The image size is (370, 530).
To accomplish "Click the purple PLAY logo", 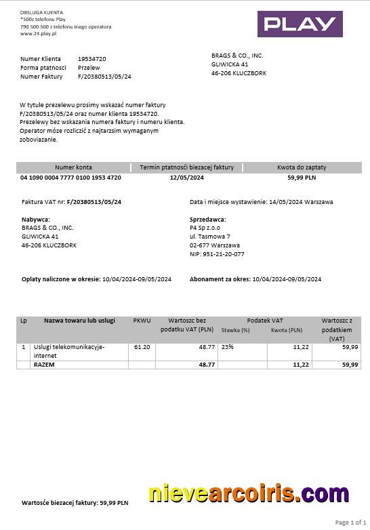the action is point(300,24).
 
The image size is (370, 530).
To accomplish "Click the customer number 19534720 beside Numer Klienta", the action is point(91,59).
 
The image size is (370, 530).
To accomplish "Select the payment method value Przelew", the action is point(89,68).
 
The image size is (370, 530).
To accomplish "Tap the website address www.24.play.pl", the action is point(38,33).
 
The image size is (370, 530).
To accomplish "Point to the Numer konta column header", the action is point(73,167).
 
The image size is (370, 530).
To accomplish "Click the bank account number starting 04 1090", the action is point(71,178).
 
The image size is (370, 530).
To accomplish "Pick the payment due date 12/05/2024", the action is point(186,178).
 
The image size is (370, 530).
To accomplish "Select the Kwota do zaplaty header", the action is point(302,167).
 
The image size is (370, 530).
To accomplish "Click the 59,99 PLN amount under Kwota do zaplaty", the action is point(302,178).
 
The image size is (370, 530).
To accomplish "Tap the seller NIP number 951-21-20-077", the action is point(217,254).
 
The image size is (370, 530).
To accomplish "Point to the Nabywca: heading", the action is point(36,219).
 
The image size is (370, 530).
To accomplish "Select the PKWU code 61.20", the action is point(142,346).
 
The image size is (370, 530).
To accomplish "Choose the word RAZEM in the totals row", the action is point(44,365).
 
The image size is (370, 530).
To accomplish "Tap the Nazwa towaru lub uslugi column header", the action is point(79,320).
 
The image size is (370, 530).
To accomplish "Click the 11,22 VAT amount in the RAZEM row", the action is point(301,365).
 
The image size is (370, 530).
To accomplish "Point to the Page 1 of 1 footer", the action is point(350,523).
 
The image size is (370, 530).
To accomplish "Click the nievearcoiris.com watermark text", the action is point(249,495).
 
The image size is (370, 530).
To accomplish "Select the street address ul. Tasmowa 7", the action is point(210,237).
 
